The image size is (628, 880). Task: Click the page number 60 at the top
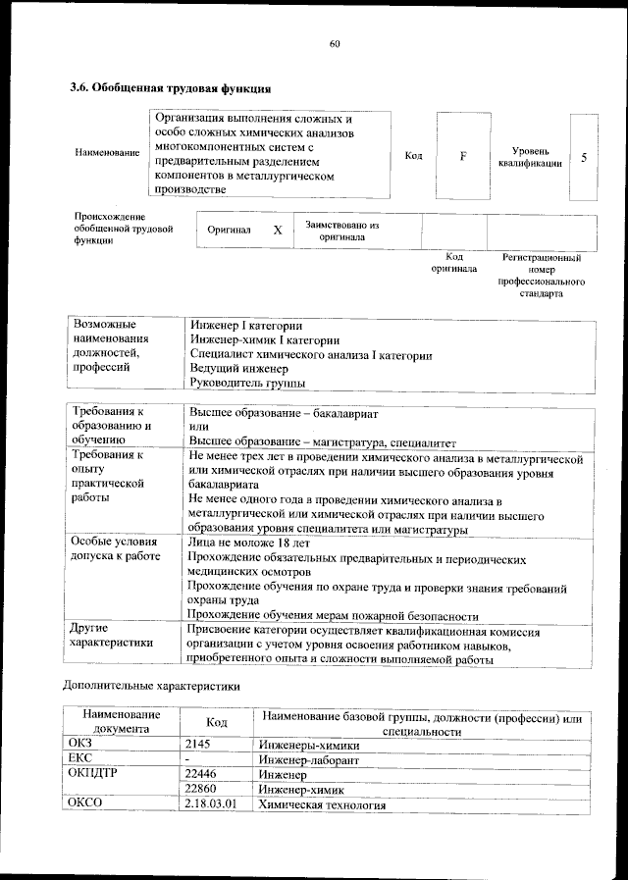click(x=334, y=43)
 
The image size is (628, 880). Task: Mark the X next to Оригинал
click(x=278, y=230)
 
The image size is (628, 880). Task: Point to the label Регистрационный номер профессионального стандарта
click(x=542, y=275)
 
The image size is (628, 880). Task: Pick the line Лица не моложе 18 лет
click(x=248, y=542)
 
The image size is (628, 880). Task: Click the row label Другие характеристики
click(x=112, y=636)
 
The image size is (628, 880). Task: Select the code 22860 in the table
click(x=201, y=790)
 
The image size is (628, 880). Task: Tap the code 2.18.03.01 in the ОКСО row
click(x=210, y=805)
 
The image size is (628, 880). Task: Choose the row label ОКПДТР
click(x=95, y=775)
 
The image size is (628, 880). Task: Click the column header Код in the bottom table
click(x=217, y=723)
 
